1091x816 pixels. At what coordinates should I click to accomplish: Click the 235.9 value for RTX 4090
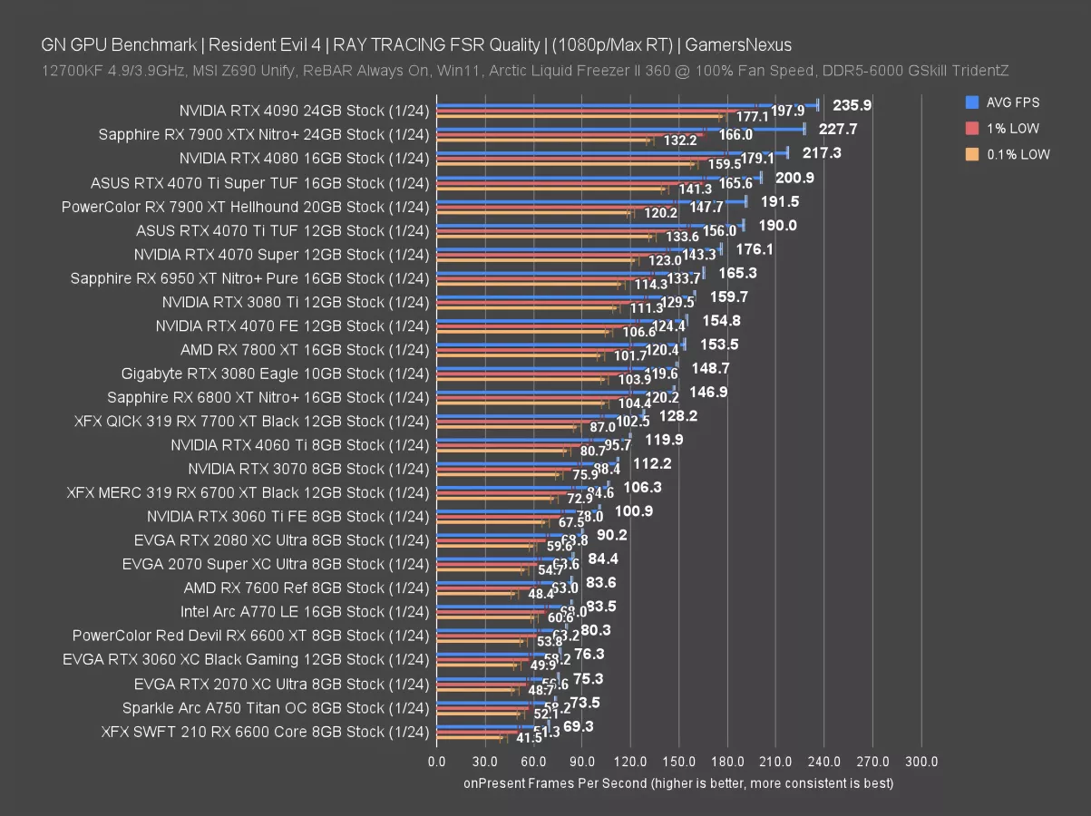click(x=852, y=105)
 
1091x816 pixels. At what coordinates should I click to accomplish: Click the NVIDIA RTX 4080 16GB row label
click(x=303, y=159)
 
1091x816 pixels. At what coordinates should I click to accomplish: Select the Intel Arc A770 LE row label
click(x=303, y=612)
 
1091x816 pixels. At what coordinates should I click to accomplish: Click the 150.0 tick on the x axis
click(x=679, y=762)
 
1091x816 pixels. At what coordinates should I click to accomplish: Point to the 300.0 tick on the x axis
click(x=921, y=762)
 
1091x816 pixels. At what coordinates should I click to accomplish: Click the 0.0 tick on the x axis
click(x=437, y=762)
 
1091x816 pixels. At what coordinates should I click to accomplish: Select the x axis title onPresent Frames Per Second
click(x=678, y=782)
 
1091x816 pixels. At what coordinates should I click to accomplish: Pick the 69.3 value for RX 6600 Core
click(x=578, y=726)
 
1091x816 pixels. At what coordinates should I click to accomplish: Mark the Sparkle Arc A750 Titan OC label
click(x=275, y=707)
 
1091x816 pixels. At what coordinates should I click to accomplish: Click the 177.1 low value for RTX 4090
click(x=752, y=117)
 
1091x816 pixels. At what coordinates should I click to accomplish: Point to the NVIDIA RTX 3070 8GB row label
click(x=308, y=469)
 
